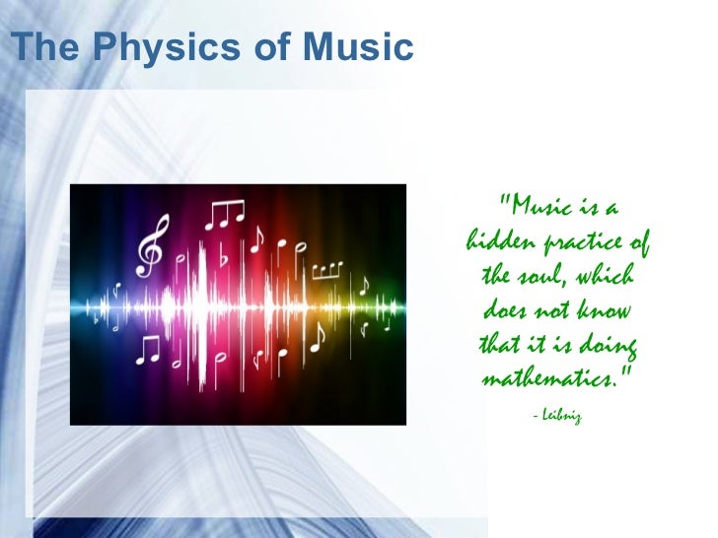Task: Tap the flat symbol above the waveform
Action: (x=224, y=258)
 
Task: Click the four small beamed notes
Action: (x=328, y=267)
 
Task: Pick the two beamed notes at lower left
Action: (x=148, y=348)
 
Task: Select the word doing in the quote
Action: (x=610, y=345)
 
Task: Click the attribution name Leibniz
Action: (x=562, y=417)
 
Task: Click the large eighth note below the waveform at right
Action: (x=318, y=338)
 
